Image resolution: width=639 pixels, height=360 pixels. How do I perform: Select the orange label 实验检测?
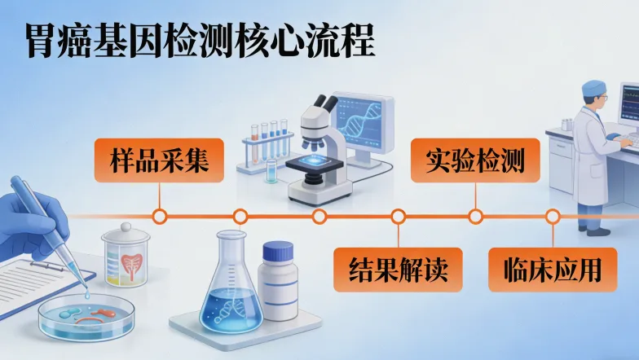474,160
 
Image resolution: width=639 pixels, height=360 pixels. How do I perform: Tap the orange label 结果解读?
398,270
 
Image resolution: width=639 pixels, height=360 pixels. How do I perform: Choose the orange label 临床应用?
552,270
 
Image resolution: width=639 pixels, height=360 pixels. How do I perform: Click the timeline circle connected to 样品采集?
161,217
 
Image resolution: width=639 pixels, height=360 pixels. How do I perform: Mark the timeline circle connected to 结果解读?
398,217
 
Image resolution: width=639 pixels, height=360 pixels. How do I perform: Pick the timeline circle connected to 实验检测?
475,217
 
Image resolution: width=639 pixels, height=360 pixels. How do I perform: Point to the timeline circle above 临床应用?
553,217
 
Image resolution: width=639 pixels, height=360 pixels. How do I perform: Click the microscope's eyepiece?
326,103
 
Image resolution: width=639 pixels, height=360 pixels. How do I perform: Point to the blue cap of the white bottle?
278,251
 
